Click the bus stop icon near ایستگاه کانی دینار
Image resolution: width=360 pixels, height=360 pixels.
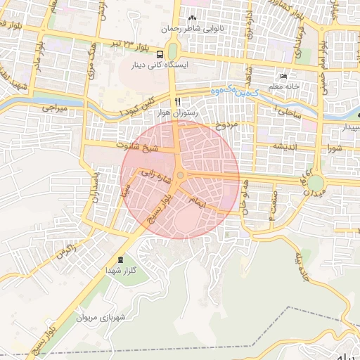[160, 53]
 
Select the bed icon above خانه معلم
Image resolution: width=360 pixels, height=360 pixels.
[283, 76]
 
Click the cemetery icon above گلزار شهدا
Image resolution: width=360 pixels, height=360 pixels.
[120, 259]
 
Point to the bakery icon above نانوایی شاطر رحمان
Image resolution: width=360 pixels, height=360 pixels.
[191, 18]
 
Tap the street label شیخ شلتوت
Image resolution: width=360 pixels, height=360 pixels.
[141, 148]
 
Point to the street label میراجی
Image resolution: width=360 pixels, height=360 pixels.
[53, 110]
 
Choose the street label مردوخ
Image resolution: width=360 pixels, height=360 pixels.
[227, 125]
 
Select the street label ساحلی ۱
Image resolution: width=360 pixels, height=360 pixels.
[290, 110]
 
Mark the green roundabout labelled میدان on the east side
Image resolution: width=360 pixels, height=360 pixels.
[316, 182]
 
